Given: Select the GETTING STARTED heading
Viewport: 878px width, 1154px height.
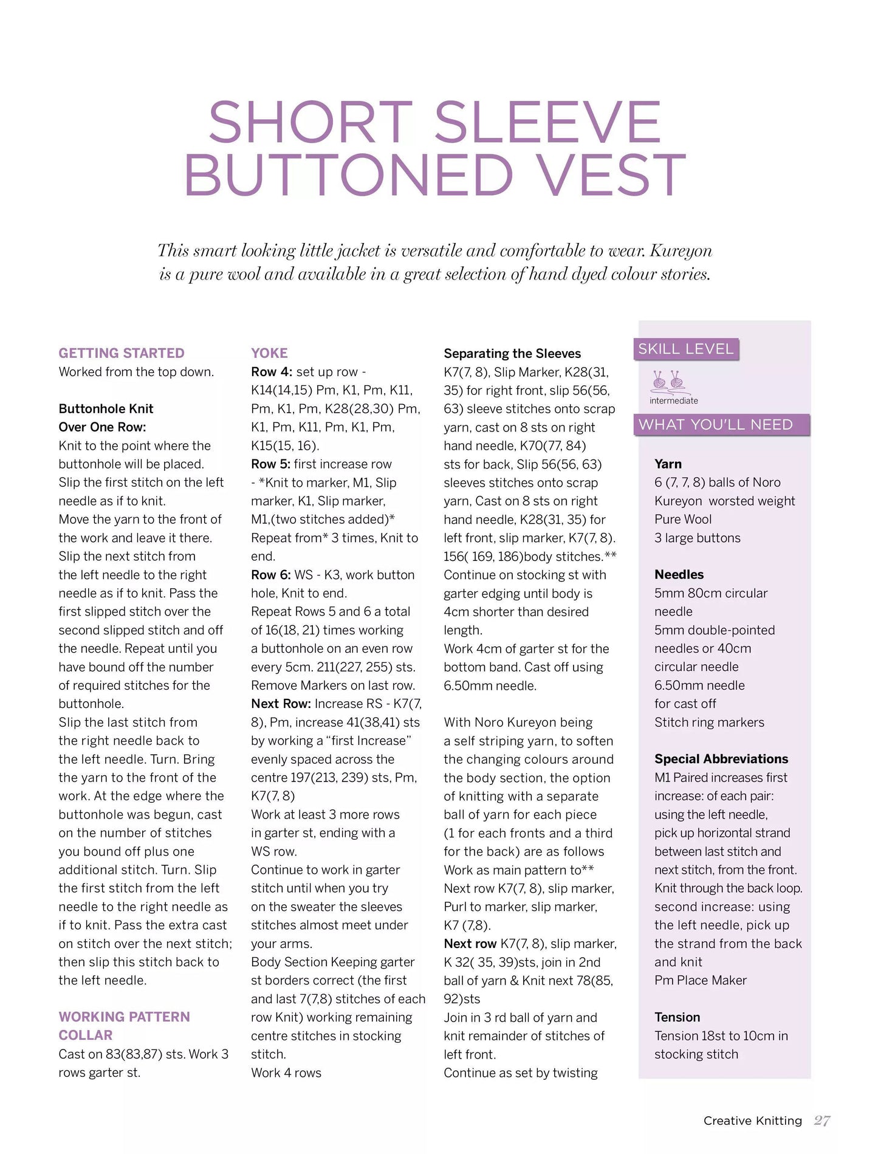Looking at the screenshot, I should pos(122,353).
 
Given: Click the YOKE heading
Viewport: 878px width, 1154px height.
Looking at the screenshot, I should pos(269,353).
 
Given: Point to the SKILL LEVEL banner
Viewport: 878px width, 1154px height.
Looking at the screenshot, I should pos(686,349).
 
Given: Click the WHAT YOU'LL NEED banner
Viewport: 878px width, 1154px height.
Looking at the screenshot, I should pos(716,425).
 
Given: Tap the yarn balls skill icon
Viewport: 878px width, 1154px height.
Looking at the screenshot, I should pos(668,381).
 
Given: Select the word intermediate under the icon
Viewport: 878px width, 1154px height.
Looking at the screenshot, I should pos(673,400).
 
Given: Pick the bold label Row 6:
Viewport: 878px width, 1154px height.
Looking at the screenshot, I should pos(271,575).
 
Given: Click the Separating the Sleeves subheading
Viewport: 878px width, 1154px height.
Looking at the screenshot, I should pos(512,354).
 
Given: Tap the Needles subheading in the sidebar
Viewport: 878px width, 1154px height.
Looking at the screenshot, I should pos(679,575).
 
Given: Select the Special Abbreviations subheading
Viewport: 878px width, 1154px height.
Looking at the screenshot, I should pos(721,759).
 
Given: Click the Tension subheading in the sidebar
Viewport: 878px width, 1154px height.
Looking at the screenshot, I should pos(677,1017).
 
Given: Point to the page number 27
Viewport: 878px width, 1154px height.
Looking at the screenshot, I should pos(822,1121).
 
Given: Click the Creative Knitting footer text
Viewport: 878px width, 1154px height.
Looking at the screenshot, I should pos(752,1121).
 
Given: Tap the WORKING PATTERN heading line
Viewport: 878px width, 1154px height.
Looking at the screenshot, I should pos(124,1017).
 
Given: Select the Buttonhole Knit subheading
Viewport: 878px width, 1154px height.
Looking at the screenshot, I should pos(106,409).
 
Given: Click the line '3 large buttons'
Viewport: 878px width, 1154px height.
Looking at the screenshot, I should pos(697,538).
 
